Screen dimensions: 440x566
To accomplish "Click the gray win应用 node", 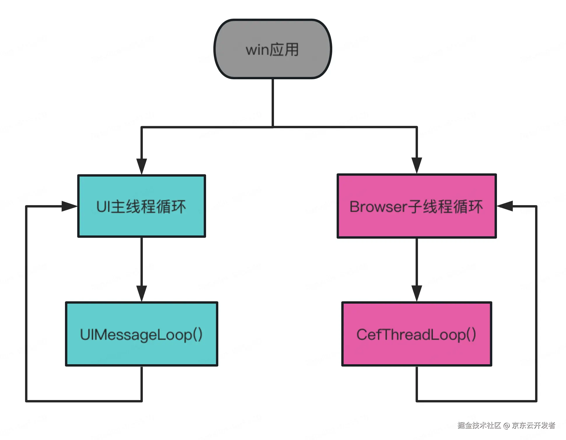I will pyautogui.click(x=273, y=49).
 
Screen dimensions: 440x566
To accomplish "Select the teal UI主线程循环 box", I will pyautogui.click(x=142, y=206).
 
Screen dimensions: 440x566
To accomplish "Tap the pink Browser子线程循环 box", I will pyautogui.click(x=416, y=206).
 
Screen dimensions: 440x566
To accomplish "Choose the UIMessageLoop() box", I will pyautogui.click(x=142, y=334).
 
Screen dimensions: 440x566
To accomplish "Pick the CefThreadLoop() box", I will pyautogui.click(x=416, y=334).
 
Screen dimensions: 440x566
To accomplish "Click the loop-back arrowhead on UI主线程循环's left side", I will pyautogui.click(x=69, y=206).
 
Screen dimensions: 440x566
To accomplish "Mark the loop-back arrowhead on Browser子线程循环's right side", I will pyautogui.click(x=505, y=206).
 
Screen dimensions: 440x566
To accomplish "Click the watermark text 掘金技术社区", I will pyautogui.click(x=479, y=425).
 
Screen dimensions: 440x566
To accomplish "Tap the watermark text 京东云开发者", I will pyautogui.click(x=533, y=425).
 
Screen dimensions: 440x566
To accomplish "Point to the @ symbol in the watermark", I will pyautogui.click(x=507, y=426).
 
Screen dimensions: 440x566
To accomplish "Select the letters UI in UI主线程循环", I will pyautogui.click(x=103, y=207).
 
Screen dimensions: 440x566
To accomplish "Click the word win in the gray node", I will pyautogui.click(x=257, y=50).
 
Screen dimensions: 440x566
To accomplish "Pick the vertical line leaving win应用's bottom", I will pyautogui.click(x=273, y=102).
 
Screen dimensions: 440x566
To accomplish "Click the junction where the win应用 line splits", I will pyautogui.click(x=273, y=127).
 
